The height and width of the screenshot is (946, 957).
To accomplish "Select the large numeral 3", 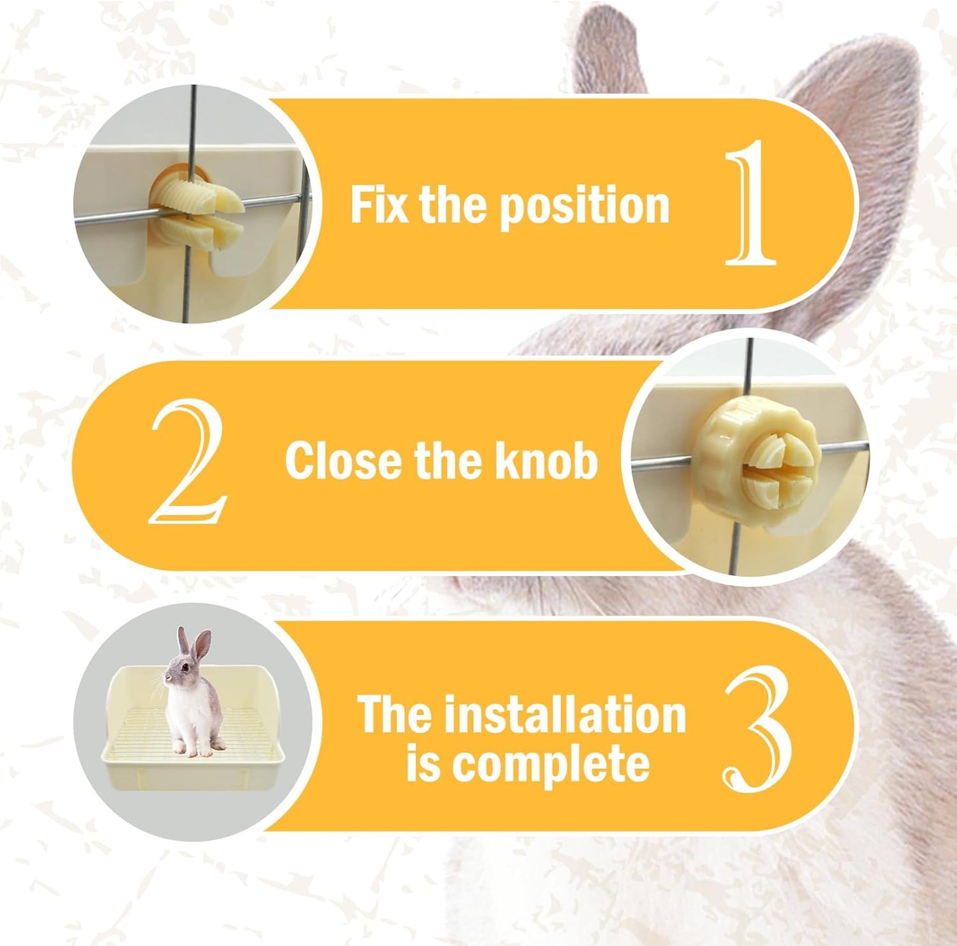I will point(756,729).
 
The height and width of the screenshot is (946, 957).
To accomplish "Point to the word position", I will point(583,207).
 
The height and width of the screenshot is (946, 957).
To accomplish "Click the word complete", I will point(549,765).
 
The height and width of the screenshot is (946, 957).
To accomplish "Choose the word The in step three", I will point(395,715).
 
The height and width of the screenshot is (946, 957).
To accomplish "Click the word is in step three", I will point(421,765).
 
